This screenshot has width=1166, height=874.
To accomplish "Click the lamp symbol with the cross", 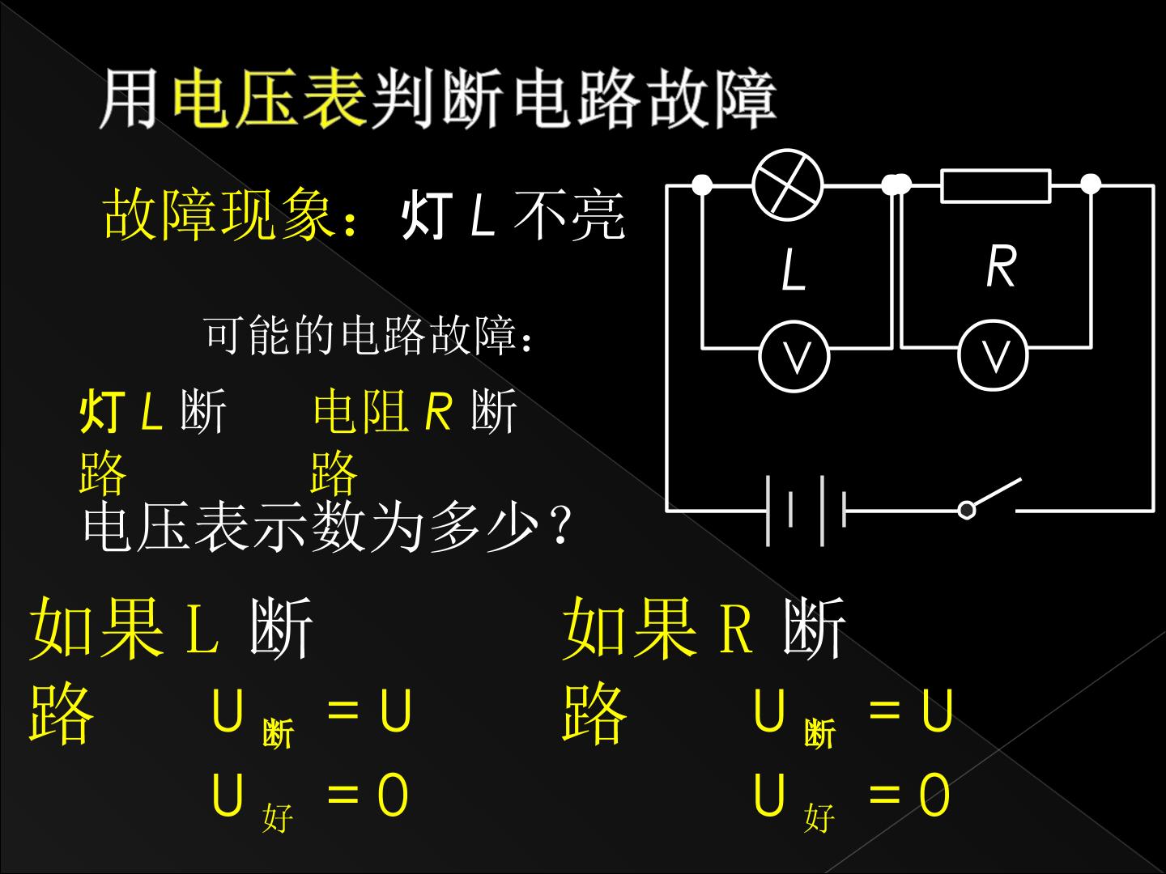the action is click(788, 185).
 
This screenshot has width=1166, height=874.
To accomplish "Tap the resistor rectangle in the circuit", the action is click(996, 186).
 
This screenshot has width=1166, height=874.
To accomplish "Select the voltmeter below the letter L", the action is click(794, 356).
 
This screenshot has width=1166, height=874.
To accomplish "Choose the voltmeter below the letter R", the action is click(993, 355).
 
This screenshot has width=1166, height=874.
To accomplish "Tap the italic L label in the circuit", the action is click(794, 269).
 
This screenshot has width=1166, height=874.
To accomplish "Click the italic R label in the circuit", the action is click(1002, 266).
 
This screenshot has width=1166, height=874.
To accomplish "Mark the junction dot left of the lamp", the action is click(702, 185).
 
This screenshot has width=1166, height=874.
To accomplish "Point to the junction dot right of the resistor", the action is click(1091, 185).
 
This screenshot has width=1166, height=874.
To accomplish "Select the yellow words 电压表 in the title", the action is click(270, 98).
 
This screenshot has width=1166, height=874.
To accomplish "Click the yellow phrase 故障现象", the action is click(220, 215).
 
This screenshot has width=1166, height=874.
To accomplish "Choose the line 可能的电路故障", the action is click(368, 335).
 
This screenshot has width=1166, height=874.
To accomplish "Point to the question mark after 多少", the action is click(561, 524).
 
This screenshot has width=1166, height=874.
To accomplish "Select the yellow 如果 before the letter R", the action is click(629, 628).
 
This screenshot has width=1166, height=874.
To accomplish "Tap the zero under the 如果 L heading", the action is click(393, 795).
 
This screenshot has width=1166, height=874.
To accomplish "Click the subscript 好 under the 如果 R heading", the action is click(819, 817).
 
